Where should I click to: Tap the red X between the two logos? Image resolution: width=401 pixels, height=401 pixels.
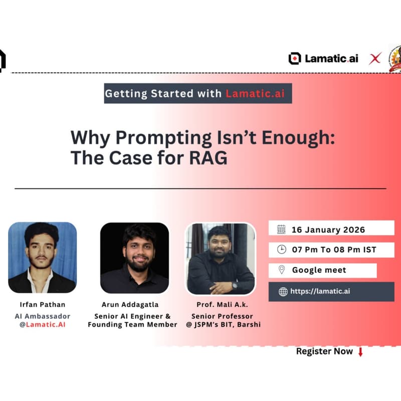[375, 59]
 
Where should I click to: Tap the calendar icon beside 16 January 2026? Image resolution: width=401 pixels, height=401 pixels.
[281, 230]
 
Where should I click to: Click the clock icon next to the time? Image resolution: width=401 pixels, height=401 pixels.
[282, 249]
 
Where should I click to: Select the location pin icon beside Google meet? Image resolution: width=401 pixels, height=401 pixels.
[282, 270]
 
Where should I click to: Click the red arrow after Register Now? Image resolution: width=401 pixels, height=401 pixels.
[360, 351]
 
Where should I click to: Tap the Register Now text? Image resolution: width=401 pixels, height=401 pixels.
[324, 351]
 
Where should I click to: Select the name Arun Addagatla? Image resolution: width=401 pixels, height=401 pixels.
[134, 304]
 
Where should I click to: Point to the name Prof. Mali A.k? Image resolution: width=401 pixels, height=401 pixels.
[221, 304]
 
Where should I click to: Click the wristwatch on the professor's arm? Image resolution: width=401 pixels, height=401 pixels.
[234, 286]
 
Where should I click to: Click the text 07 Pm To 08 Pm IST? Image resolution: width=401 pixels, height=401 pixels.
[334, 249]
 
